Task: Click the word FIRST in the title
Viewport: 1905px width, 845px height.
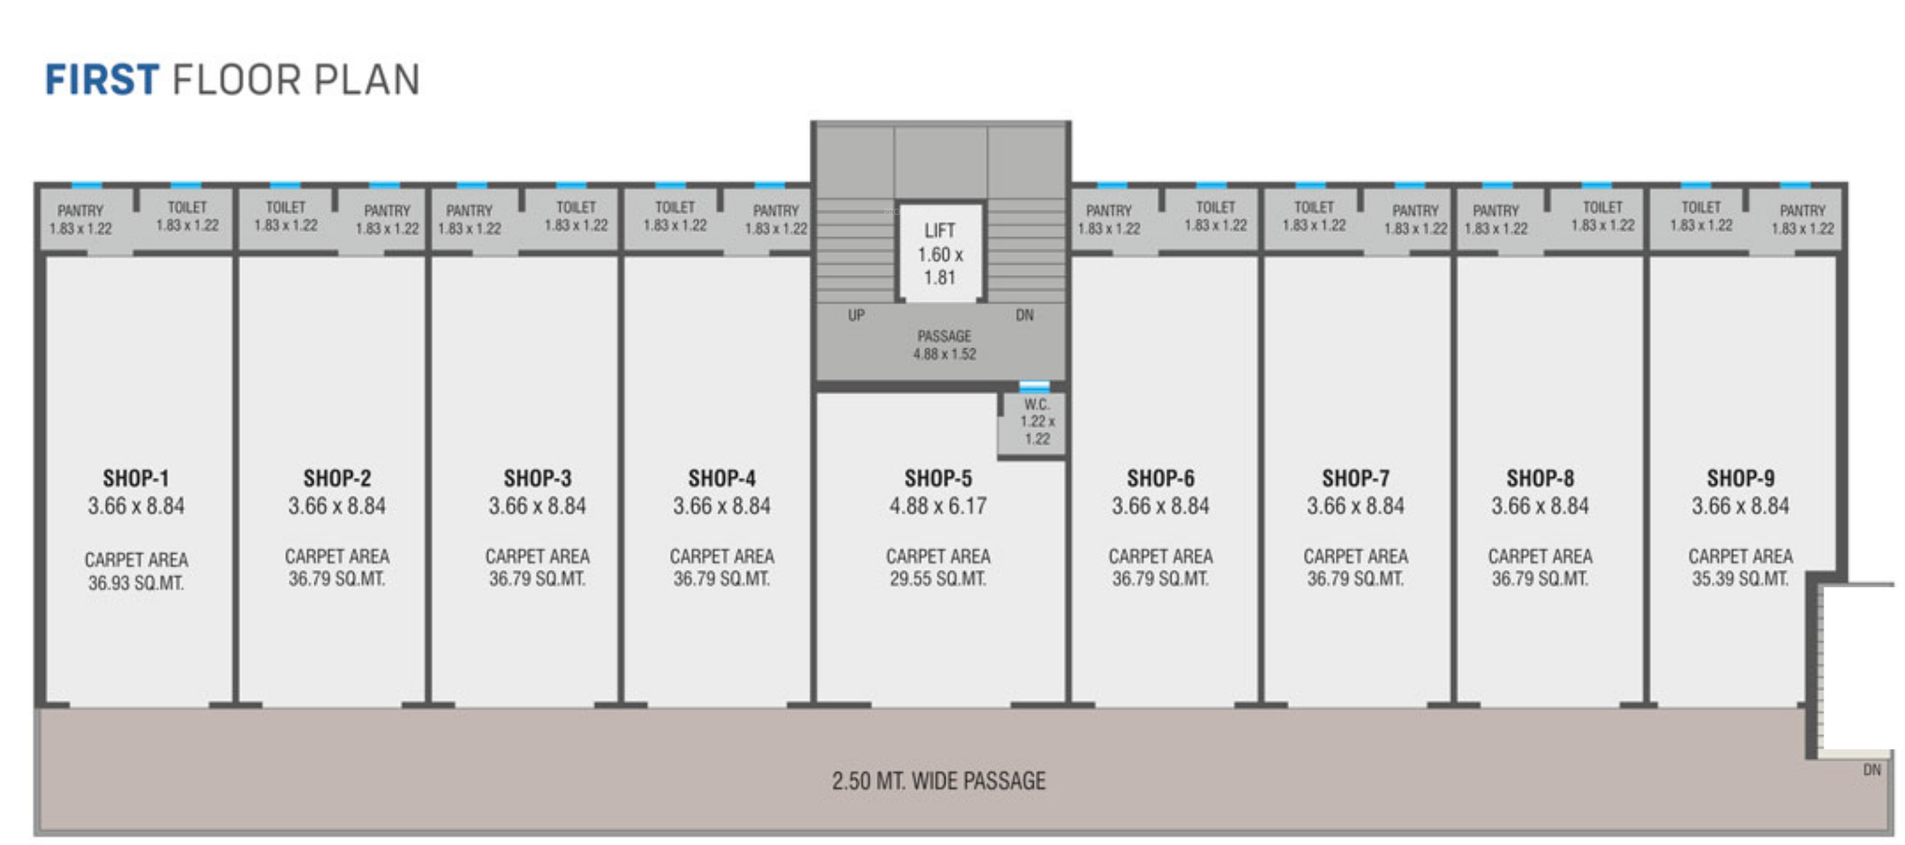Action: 101,80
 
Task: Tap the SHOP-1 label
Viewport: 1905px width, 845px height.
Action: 136,478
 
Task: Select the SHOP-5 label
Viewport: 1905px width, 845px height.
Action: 938,478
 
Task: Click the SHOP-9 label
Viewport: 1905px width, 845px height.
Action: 1740,478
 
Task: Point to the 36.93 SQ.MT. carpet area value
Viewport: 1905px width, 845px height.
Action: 136,583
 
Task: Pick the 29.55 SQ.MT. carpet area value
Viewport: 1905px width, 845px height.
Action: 938,579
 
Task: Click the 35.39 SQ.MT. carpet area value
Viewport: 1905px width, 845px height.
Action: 1740,579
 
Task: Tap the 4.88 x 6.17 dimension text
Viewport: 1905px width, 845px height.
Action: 938,507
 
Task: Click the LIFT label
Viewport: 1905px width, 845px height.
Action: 939,231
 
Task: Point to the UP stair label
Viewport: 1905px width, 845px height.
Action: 856,315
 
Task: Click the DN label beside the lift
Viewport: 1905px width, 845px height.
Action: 1024,315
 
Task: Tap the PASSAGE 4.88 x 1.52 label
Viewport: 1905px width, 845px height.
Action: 945,345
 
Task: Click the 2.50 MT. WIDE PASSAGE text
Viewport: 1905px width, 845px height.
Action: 938,781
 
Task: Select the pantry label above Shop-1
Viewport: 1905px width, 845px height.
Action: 81,219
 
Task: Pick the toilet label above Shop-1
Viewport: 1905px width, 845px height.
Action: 187,216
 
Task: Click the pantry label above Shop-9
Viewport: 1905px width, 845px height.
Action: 1802,219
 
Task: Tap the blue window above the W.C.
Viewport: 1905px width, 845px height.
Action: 1034,386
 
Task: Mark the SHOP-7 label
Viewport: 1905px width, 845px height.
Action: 1355,478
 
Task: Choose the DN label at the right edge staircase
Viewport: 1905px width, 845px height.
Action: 1871,770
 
